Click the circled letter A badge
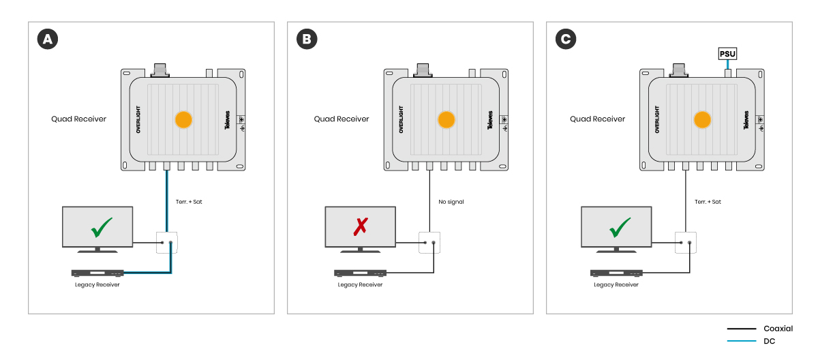[x=47, y=40]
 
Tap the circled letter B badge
[x=307, y=40]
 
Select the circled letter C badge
[x=565, y=40]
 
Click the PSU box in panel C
[x=728, y=53]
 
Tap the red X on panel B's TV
[x=360, y=226]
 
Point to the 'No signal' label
[x=450, y=202]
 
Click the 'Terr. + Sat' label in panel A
[x=189, y=202]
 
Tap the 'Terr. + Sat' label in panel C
[x=708, y=202]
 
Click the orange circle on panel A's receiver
[x=183, y=119]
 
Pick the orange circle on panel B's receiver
[x=446, y=119]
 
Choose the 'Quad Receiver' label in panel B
[x=341, y=119]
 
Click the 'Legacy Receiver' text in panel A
[x=97, y=284]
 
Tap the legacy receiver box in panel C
[x=616, y=273]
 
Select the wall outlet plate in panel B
[x=429, y=242]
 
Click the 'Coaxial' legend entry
[x=778, y=329]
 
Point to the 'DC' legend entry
[x=769, y=341]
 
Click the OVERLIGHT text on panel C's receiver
[x=657, y=119]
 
